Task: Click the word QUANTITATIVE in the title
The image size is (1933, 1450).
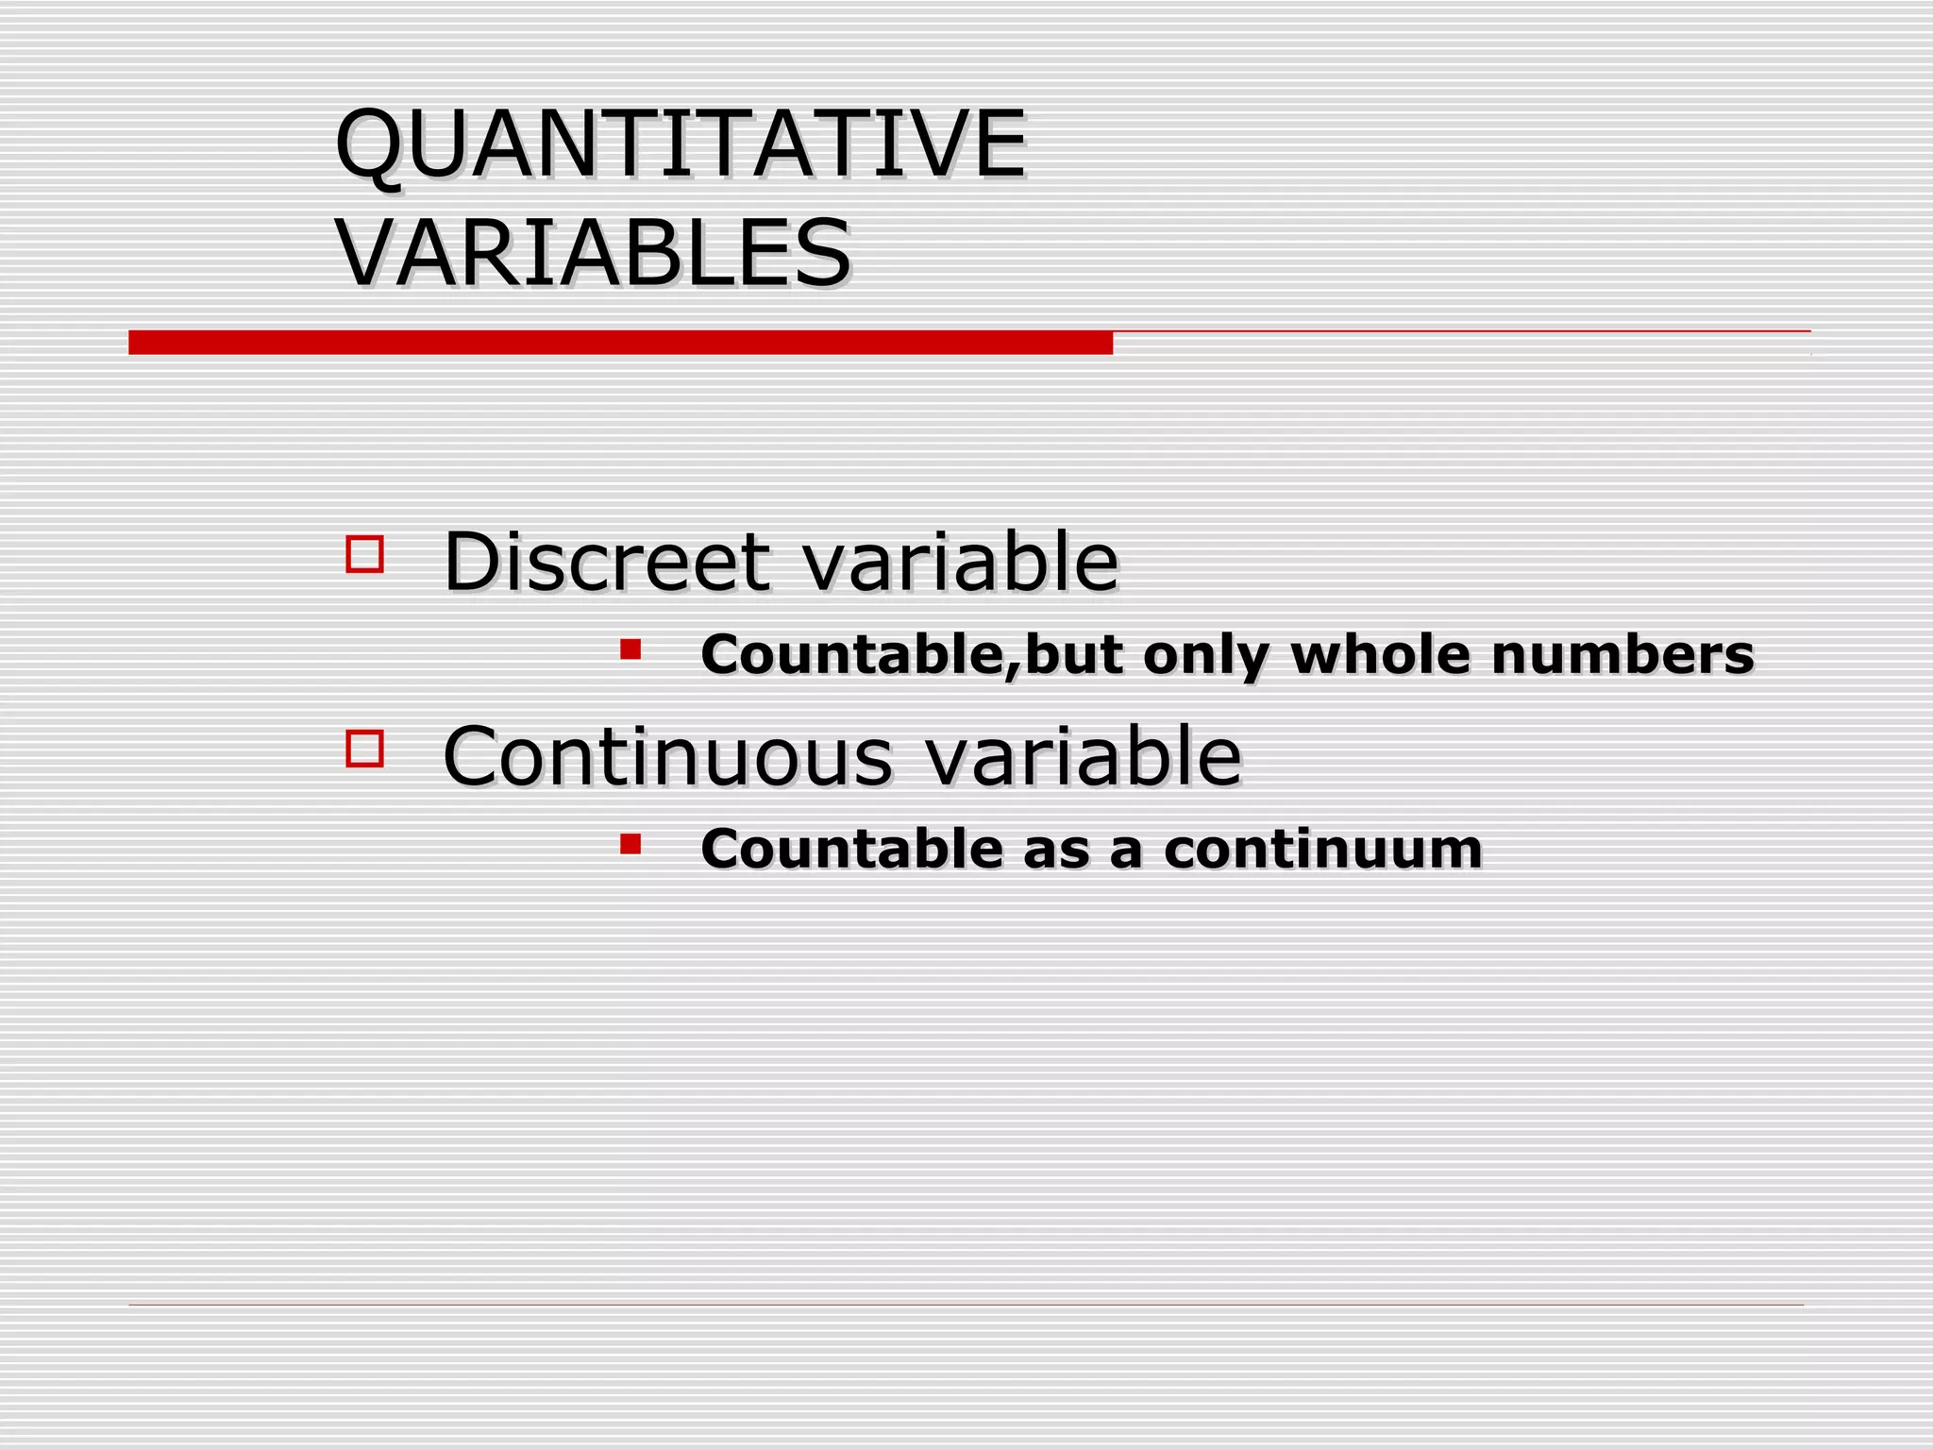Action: tap(680, 143)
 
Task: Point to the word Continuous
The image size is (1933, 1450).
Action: tap(666, 756)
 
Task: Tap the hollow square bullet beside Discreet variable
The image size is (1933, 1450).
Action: tap(365, 554)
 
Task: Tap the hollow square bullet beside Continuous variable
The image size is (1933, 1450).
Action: tap(365, 749)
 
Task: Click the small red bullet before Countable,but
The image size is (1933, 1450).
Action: tap(630, 649)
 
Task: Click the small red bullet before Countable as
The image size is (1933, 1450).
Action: tap(630, 843)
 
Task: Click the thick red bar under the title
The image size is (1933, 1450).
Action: tap(620, 343)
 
